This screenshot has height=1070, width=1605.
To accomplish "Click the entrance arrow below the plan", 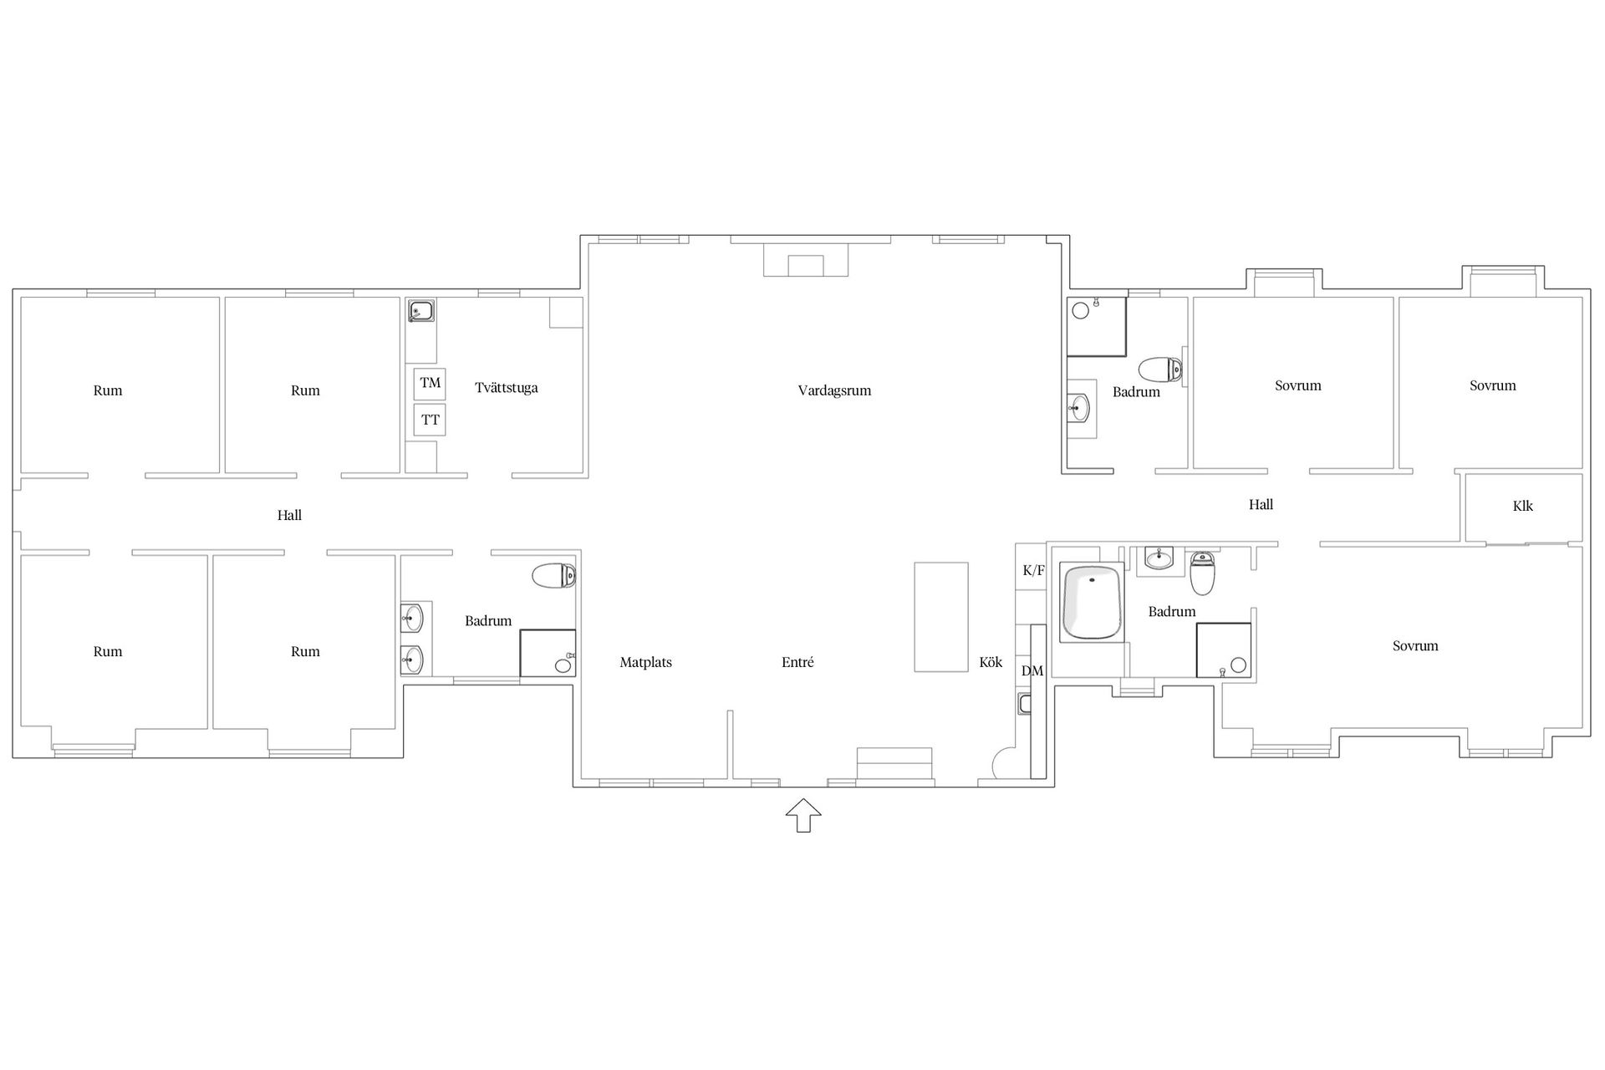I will pos(803,815).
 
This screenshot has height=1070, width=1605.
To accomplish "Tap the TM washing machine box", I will pos(430,384).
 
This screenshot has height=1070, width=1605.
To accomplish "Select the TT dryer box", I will pos(430,420).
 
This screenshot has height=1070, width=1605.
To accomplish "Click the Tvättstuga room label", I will pos(506,388).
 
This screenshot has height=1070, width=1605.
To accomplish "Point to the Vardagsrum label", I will pos(834,390).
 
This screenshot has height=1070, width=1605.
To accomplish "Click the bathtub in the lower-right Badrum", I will pos(1091,603).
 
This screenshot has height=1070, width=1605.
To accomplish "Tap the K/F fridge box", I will pos(1033,571).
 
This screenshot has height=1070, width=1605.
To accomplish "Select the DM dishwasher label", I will pos(1032,671).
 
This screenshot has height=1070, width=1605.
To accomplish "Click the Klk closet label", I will pos(1522,506).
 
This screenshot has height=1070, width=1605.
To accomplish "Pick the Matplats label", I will pos(645,662).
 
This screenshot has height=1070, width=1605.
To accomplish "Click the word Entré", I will pos(797,662).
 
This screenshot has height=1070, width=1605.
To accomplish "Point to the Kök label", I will pos(991,662).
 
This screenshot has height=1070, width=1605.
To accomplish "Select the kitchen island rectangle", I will pos(940,616).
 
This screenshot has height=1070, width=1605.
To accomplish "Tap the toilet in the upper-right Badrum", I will pos(1160,369).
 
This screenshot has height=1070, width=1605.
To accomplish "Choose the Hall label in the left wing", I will pos(289,515).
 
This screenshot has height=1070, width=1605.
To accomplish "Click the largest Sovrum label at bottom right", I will pos(1415,645).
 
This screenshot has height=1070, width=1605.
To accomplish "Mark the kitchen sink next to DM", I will pos(1025,704).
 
